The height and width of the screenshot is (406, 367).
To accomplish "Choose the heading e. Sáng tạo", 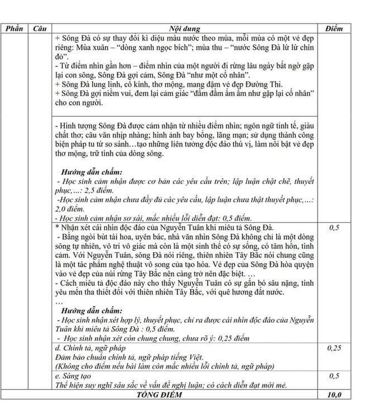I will tap(75, 376).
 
